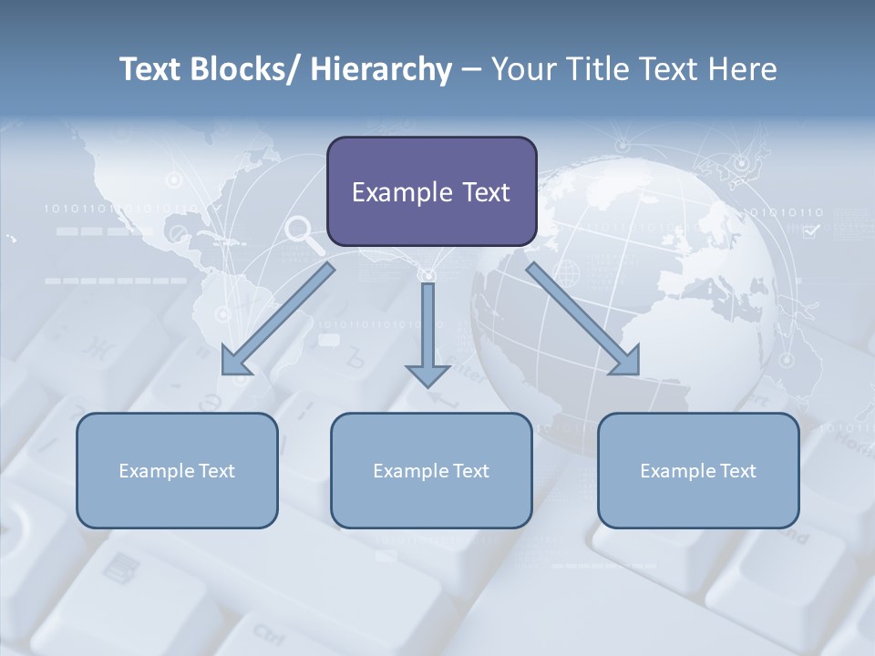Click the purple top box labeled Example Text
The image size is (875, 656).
pos(431,191)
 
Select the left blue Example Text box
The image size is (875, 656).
pos(177,470)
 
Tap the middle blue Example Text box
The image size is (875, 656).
pos(431,470)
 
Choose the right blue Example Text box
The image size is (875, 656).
pos(698,470)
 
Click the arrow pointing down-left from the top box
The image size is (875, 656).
pos(279,319)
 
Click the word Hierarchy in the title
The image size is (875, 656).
pos(381,69)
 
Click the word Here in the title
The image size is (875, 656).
pos(745,69)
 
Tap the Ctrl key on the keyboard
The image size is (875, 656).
pos(268,631)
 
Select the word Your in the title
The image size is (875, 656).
pos(525,69)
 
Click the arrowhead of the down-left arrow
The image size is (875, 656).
pos(236,361)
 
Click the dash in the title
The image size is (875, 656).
pos(472,69)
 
